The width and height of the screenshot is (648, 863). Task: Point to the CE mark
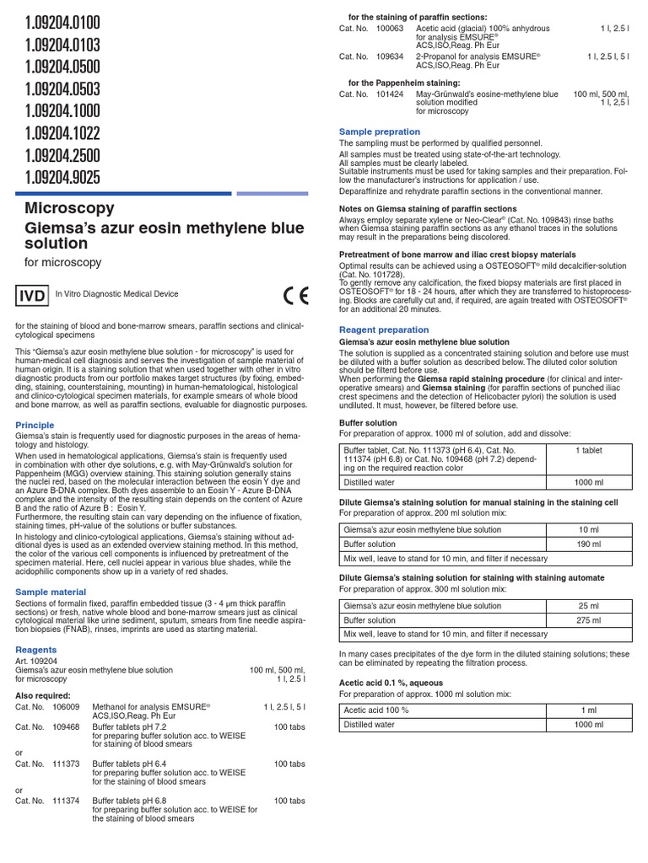[296, 296]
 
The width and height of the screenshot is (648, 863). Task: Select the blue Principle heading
[35, 426]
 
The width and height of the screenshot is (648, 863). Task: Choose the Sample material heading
[51, 592]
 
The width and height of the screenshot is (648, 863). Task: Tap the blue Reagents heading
[36, 650]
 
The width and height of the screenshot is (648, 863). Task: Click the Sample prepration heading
[379, 131]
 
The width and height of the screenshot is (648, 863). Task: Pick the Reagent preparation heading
[383, 330]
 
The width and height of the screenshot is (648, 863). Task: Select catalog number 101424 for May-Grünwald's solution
[390, 94]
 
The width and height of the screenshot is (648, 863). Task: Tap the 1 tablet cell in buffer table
[588, 451]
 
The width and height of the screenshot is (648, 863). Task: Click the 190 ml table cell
[590, 544]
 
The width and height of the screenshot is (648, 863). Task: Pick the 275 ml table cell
[590, 619]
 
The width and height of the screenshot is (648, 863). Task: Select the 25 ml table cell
[590, 606]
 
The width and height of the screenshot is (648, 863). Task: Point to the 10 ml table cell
[590, 530]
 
